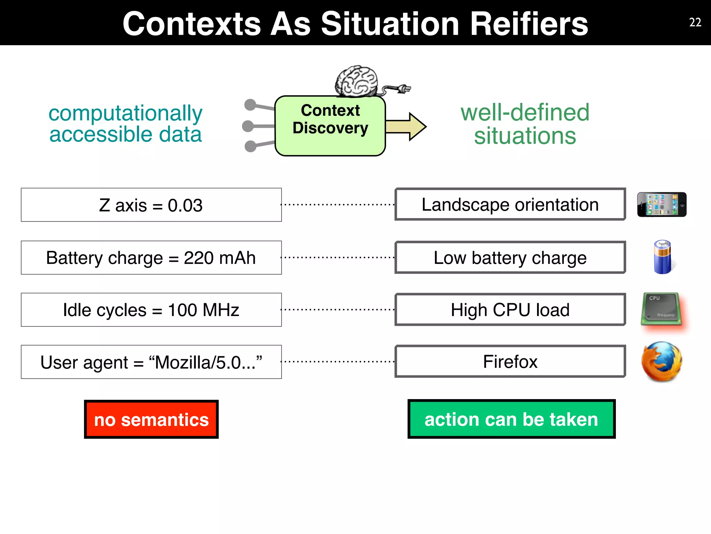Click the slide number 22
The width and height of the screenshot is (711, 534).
coord(695,22)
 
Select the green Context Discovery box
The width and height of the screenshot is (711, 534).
coord(330,126)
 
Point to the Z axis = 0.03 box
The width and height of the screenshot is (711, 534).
coord(151,205)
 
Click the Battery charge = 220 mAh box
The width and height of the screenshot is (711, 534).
coord(151,258)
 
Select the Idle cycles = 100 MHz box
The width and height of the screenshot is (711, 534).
coord(151,310)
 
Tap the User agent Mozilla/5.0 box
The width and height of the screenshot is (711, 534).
coord(151,362)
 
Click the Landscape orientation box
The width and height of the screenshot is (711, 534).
coord(510,204)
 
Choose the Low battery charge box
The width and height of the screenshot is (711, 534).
coord(510,258)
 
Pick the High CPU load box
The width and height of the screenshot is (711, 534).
coord(510,310)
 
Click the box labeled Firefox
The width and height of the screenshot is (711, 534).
coord(510,362)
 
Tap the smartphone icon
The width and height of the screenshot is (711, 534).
coord(662,204)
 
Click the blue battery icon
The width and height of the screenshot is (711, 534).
coord(662,257)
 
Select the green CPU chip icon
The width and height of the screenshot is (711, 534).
coord(661,309)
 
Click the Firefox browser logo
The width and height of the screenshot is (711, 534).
coord(662,362)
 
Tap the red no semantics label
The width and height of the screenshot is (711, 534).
coord(151,419)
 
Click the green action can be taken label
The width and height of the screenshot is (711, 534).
coord(511,419)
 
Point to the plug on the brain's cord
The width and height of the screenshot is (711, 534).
coord(403,89)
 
